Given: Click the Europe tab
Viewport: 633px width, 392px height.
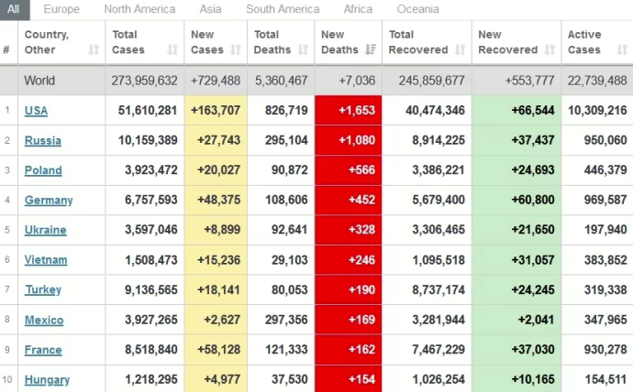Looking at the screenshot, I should tap(61, 9).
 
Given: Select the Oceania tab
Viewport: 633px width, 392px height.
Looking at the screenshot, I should tap(417, 9).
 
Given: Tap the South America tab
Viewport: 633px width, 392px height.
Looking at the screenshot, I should tap(283, 9).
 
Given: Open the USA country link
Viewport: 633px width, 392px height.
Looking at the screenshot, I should tap(37, 111).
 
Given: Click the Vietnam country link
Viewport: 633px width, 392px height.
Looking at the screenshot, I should tap(46, 260).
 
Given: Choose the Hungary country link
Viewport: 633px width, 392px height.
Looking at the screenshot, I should tap(47, 379).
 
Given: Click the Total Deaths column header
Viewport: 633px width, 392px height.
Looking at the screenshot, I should tap(273, 42).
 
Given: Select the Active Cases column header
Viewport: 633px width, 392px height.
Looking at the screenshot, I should tap(584, 42).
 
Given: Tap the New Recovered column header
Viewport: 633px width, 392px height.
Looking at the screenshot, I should tap(508, 42).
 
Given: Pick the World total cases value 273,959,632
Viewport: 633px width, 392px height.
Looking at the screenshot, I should tap(144, 81).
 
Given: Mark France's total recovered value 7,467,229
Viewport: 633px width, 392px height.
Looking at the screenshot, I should tap(427, 350).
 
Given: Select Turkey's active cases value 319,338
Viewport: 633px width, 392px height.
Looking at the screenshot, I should tap(598, 289).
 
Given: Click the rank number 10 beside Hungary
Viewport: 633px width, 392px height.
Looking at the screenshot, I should tap(7, 379).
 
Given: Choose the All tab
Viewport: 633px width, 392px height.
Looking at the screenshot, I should tap(13, 9).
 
